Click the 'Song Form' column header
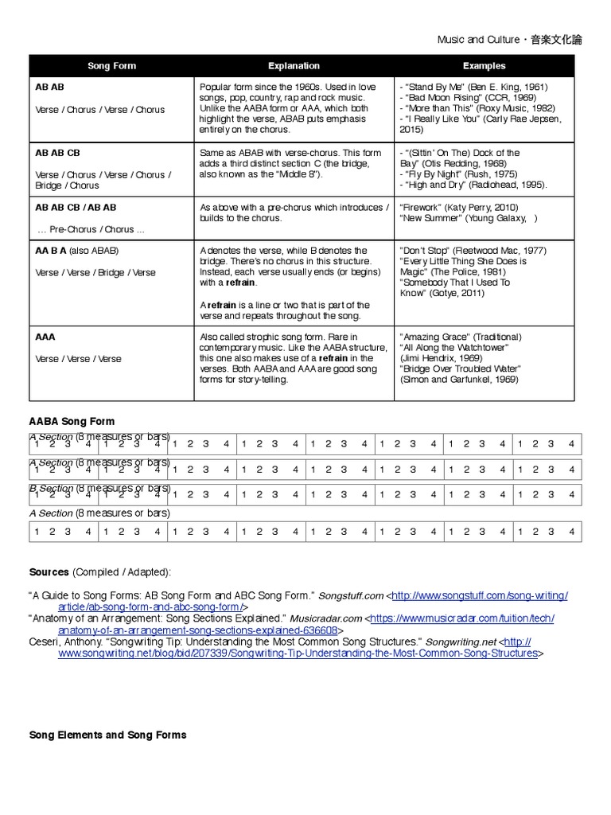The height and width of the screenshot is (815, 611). [111, 66]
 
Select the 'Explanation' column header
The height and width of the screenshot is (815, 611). [294, 66]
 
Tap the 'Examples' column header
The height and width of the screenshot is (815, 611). [484, 66]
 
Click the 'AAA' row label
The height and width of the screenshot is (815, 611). [45, 337]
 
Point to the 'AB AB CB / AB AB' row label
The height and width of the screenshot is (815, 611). [76, 208]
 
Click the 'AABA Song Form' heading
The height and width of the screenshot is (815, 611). [72, 422]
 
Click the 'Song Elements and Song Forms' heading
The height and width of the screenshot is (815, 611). [107, 735]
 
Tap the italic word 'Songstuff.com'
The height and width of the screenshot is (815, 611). [351, 596]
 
